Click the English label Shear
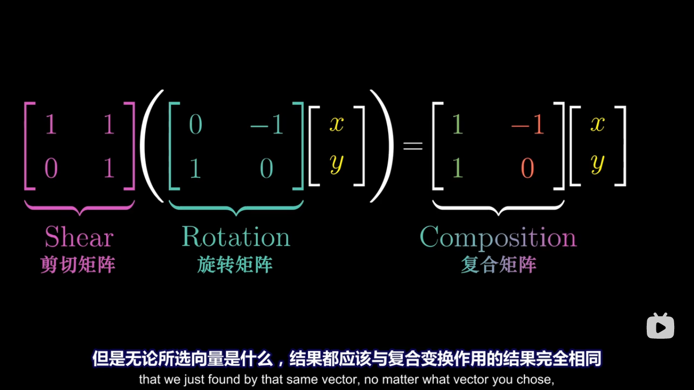(x=79, y=237)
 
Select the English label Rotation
(x=236, y=237)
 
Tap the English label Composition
(x=498, y=237)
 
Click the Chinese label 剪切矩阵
(x=78, y=265)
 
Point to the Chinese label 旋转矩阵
(x=235, y=265)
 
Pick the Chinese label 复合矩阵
(x=498, y=265)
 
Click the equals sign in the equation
(x=413, y=146)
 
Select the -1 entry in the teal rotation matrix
(x=266, y=124)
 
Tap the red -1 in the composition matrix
(x=527, y=124)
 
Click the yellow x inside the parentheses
(x=336, y=123)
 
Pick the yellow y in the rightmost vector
(x=597, y=164)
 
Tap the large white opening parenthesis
(x=151, y=146)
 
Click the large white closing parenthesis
(x=382, y=146)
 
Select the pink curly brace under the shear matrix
(x=80, y=207)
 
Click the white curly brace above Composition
(x=498, y=207)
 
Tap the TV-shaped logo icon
(x=660, y=326)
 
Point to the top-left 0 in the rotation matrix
(x=196, y=124)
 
